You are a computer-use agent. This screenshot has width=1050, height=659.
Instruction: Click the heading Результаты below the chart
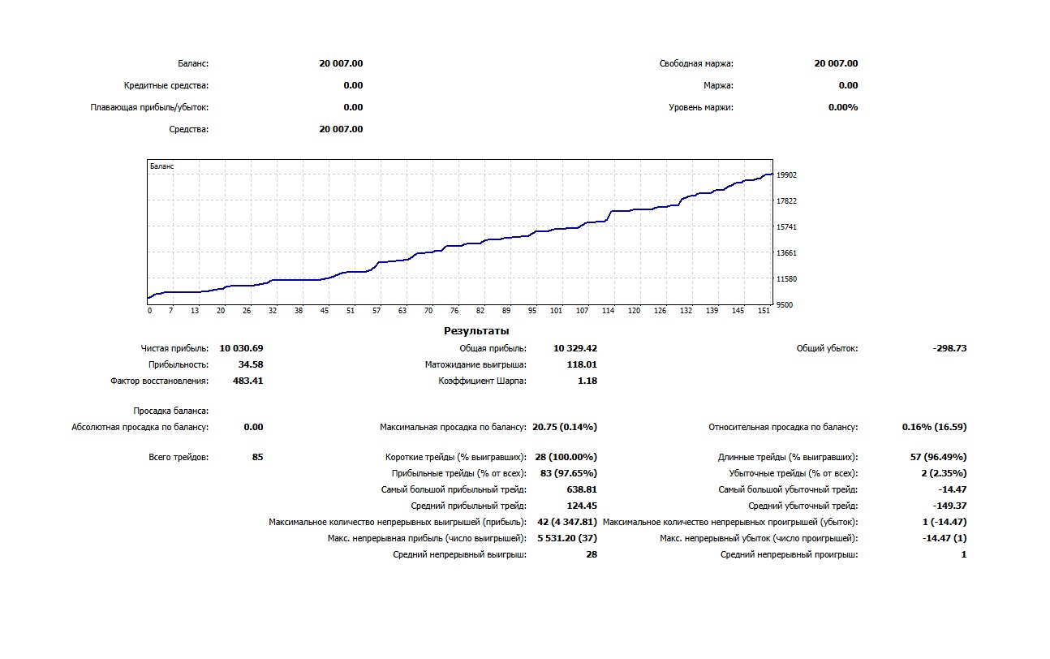[476, 331]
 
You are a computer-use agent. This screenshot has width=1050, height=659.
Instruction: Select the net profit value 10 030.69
[241, 348]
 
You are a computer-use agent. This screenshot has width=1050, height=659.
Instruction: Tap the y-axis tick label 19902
[786, 175]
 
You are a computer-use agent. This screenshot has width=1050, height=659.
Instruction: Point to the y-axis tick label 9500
[784, 305]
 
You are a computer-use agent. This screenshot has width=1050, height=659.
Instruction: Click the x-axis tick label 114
[608, 311]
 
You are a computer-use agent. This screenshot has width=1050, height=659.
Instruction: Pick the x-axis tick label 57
[377, 311]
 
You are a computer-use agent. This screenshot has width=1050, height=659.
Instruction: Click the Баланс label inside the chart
[162, 166]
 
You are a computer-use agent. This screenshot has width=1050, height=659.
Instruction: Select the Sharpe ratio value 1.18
[587, 381]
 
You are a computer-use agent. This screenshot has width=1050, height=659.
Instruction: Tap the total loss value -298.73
[949, 348]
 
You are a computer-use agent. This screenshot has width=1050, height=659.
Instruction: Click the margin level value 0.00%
[843, 107]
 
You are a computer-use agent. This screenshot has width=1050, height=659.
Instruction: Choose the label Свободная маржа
[696, 63]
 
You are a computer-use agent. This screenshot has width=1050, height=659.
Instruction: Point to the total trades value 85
[257, 457]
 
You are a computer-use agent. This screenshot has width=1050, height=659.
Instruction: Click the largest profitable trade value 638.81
[581, 489]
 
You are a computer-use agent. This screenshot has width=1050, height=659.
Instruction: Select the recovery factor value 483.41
[247, 381]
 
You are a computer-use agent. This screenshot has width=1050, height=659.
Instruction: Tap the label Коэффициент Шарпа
[482, 381]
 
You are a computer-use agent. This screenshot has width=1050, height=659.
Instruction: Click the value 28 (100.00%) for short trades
[566, 457]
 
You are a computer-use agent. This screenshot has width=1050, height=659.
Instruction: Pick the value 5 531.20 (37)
[566, 538]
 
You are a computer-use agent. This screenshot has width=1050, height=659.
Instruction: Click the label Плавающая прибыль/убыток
[149, 107]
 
